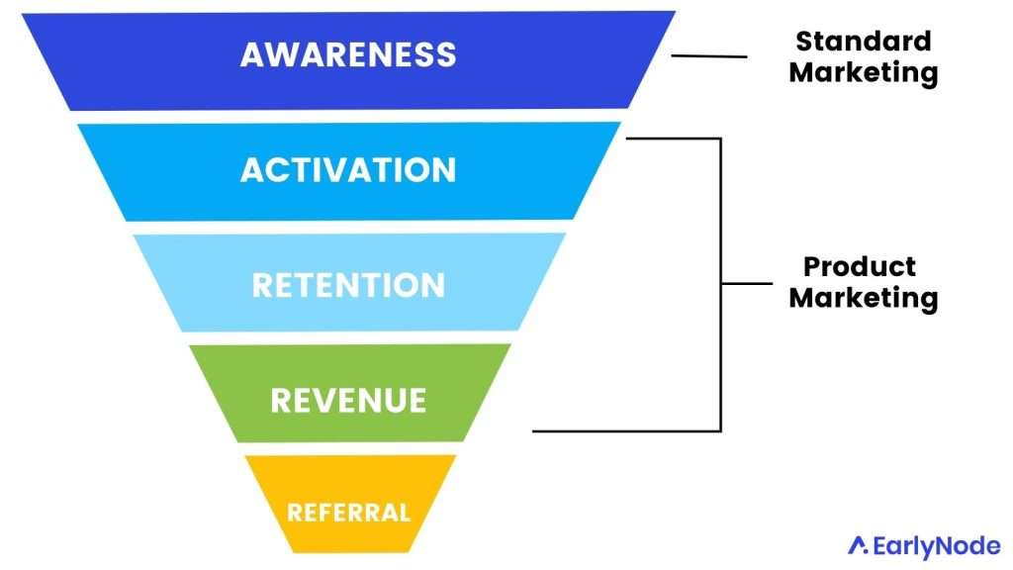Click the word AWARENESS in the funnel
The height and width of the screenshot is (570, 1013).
point(348,53)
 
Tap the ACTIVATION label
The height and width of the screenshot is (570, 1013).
point(348,169)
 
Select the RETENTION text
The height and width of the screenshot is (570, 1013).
point(348,285)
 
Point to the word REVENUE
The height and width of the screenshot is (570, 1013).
point(348,401)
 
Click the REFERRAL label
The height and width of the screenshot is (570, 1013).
point(348,513)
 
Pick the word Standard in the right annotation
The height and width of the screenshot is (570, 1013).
point(864,42)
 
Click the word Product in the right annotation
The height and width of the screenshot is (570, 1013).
point(860,266)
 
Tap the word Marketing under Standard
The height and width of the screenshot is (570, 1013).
point(864,72)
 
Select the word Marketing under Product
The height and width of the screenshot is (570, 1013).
point(864,297)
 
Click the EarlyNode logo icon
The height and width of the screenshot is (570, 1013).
point(858,545)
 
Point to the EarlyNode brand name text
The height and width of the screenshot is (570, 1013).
point(935,545)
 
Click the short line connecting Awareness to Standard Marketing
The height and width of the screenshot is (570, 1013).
point(709,55)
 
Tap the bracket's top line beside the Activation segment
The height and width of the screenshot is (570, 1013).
point(673,139)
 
